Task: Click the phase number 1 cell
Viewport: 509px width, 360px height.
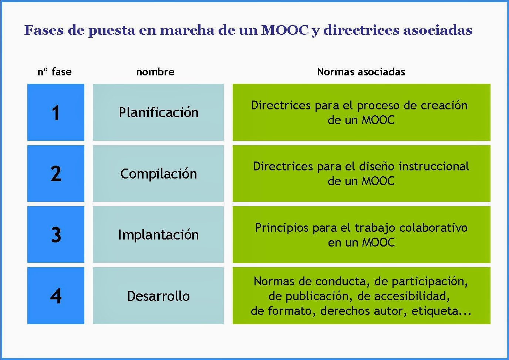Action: (x=56, y=112)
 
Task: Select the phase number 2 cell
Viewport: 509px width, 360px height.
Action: (x=56, y=173)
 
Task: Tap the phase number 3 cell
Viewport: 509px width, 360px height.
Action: (x=56, y=235)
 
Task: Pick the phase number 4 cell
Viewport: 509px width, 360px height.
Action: (x=56, y=296)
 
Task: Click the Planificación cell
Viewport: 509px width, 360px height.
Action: (x=158, y=112)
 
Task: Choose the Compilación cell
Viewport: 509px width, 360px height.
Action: (x=158, y=173)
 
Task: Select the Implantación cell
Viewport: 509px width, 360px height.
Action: (x=158, y=235)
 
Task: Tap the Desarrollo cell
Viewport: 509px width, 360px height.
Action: (x=158, y=296)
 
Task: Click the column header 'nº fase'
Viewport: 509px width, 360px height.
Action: (x=54, y=72)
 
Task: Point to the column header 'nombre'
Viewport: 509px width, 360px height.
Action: (x=155, y=72)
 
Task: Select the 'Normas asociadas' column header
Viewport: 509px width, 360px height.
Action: (x=361, y=72)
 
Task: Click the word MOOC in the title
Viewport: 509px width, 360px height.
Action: (x=285, y=30)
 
